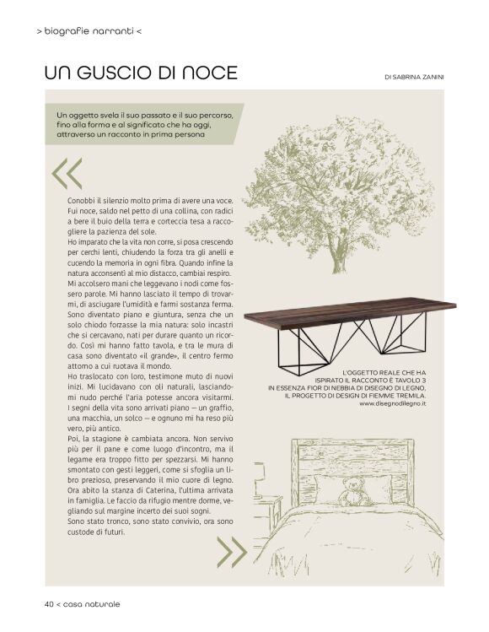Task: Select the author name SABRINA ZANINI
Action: coord(420,77)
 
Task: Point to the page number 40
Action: coord(50,604)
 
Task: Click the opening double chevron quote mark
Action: coord(67,173)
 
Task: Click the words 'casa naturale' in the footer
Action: coord(91,604)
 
